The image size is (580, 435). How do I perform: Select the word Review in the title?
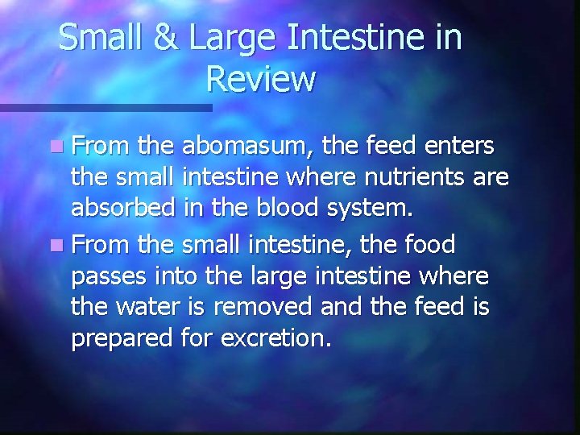coord(260,80)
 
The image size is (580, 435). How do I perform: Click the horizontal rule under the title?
coord(105,107)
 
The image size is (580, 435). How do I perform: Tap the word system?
coord(372,209)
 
